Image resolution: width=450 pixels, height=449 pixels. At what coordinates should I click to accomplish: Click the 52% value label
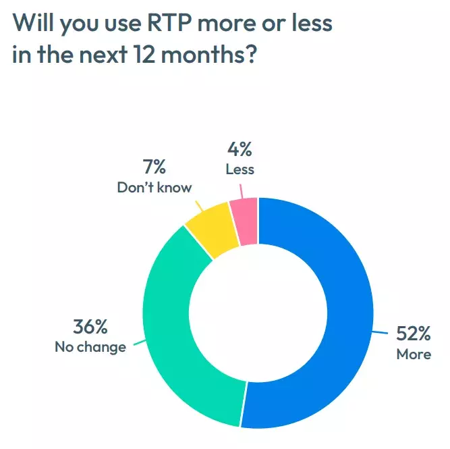(413, 334)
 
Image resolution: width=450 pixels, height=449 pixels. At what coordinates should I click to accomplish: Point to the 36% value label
(90, 327)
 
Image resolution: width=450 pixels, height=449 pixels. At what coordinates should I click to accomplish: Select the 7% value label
(154, 167)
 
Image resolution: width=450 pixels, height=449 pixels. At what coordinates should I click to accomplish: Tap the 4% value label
(240, 149)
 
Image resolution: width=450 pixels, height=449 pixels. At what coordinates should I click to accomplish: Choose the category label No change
(90, 348)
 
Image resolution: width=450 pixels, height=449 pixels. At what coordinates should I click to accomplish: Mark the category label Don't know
(154, 187)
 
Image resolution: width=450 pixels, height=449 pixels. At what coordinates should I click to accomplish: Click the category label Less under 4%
(240, 169)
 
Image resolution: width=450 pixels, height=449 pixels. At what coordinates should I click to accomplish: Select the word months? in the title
(215, 55)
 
